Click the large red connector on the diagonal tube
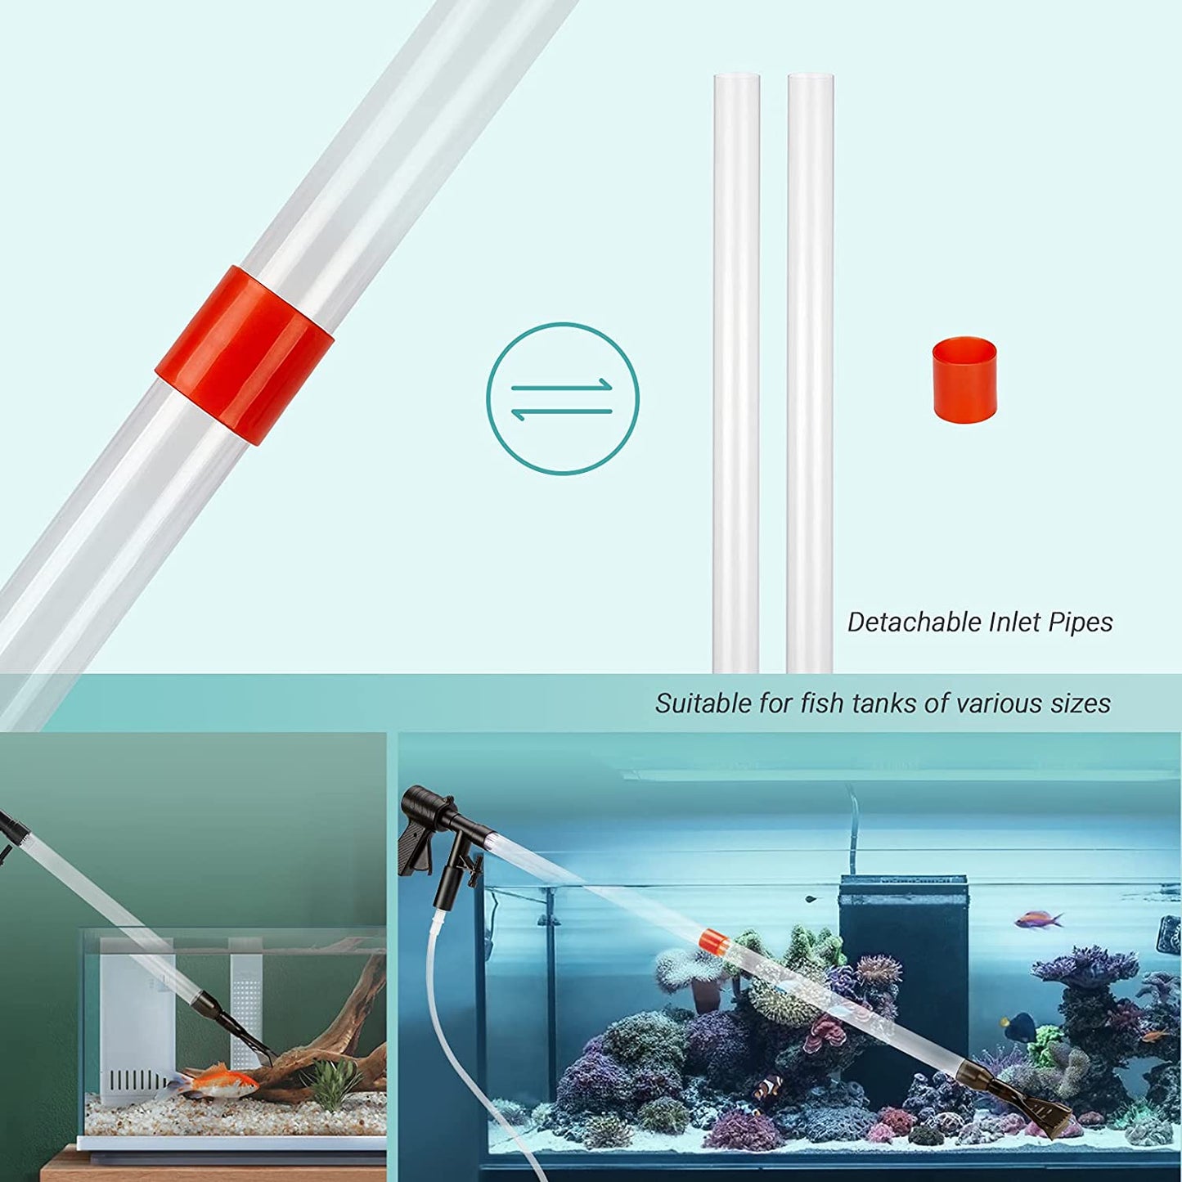coord(245,356)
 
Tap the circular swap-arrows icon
coord(563,398)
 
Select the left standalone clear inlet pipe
coord(736,368)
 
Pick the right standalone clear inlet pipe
coord(810,368)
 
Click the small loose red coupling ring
coord(964,380)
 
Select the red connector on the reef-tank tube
coord(713,941)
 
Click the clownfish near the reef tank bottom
coord(768,1086)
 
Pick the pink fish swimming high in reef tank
coord(1038,920)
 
